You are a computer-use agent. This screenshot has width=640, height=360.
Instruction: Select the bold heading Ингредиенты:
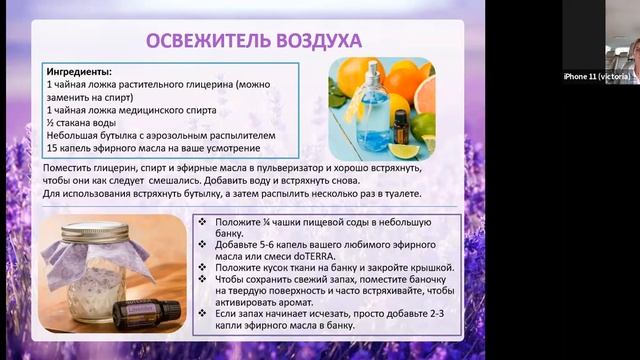click(79, 72)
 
